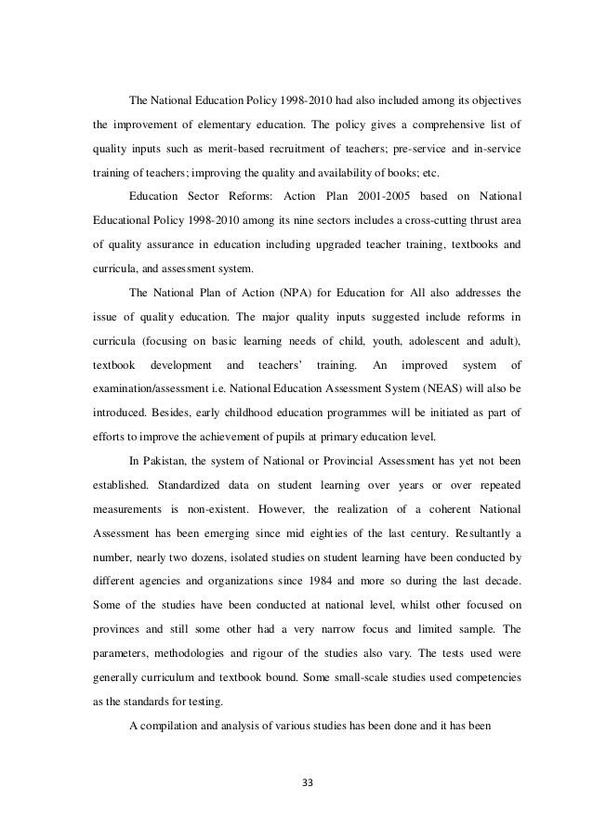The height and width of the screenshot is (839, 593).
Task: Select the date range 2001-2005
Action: coord(344,196)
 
